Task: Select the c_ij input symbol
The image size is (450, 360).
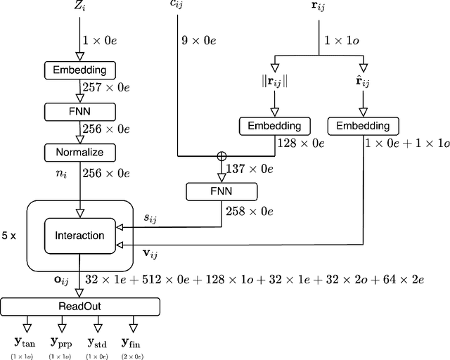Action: (178, 5)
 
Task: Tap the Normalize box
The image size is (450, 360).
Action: (79, 152)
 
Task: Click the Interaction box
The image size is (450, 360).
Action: (79, 236)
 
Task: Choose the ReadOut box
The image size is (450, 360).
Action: (79, 307)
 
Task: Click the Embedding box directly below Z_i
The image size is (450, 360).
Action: (79, 70)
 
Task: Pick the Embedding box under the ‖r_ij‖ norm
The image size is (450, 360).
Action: (274, 127)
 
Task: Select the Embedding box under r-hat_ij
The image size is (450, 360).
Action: (361, 127)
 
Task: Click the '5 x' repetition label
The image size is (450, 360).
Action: (10, 236)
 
